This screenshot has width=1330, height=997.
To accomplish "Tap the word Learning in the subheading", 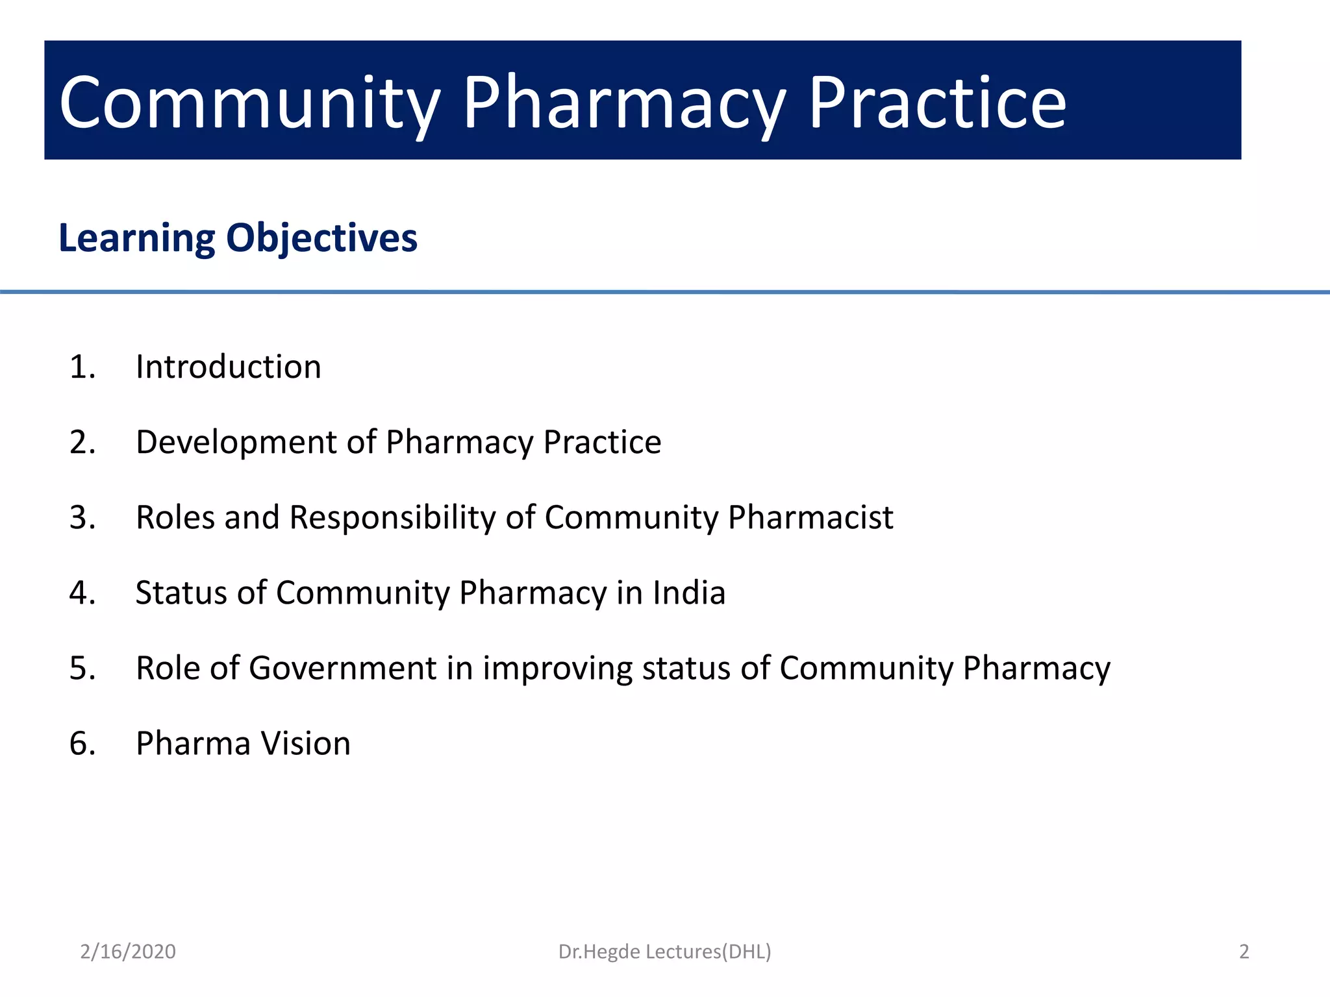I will [x=136, y=238].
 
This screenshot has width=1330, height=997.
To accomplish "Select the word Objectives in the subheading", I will [x=321, y=238].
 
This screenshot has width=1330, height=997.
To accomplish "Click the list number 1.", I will [x=82, y=367].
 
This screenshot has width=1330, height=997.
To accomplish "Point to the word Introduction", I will [x=228, y=367].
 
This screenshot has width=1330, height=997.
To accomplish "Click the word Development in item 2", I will [x=236, y=443].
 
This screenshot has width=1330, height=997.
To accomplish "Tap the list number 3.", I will [x=82, y=518].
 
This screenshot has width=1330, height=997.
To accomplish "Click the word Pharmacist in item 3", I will [x=810, y=518].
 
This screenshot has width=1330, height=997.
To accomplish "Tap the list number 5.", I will [x=82, y=669].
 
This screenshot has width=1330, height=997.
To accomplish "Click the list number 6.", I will [x=82, y=744].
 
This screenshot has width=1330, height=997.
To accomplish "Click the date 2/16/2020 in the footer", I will [x=128, y=952].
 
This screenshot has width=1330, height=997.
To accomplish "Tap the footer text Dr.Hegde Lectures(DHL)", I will [x=664, y=952].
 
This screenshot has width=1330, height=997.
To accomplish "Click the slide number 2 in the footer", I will [x=1244, y=952].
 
